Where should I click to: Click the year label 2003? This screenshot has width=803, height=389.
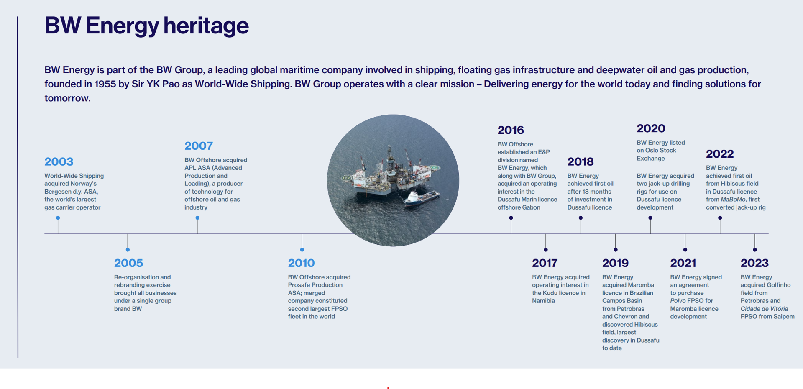click(59, 161)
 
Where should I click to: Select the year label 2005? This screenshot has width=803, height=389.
click(128, 263)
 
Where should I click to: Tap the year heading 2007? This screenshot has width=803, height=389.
click(199, 146)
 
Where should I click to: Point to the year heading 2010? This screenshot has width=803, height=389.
click(301, 263)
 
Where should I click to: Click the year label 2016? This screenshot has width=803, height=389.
click(511, 130)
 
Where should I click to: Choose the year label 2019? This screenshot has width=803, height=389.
click(615, 263)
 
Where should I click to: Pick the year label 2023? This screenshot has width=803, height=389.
click(754, 263)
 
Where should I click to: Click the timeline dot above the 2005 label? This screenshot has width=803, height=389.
click(128, 250)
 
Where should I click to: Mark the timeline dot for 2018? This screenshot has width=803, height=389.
click(581, 218)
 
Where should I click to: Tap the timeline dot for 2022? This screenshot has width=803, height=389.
click(720, 218)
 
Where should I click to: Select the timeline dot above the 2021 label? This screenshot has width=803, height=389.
click(685, 250)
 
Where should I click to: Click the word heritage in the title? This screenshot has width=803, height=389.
click(206, 26)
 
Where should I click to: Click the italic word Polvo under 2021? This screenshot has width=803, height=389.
click(678, 301)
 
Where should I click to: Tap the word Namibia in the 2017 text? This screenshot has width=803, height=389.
click(543, 301)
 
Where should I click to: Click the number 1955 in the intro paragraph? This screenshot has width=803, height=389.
click(105, 84)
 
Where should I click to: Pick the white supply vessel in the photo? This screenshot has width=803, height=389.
click(422, 198)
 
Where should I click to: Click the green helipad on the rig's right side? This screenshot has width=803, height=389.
click(435, 168)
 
